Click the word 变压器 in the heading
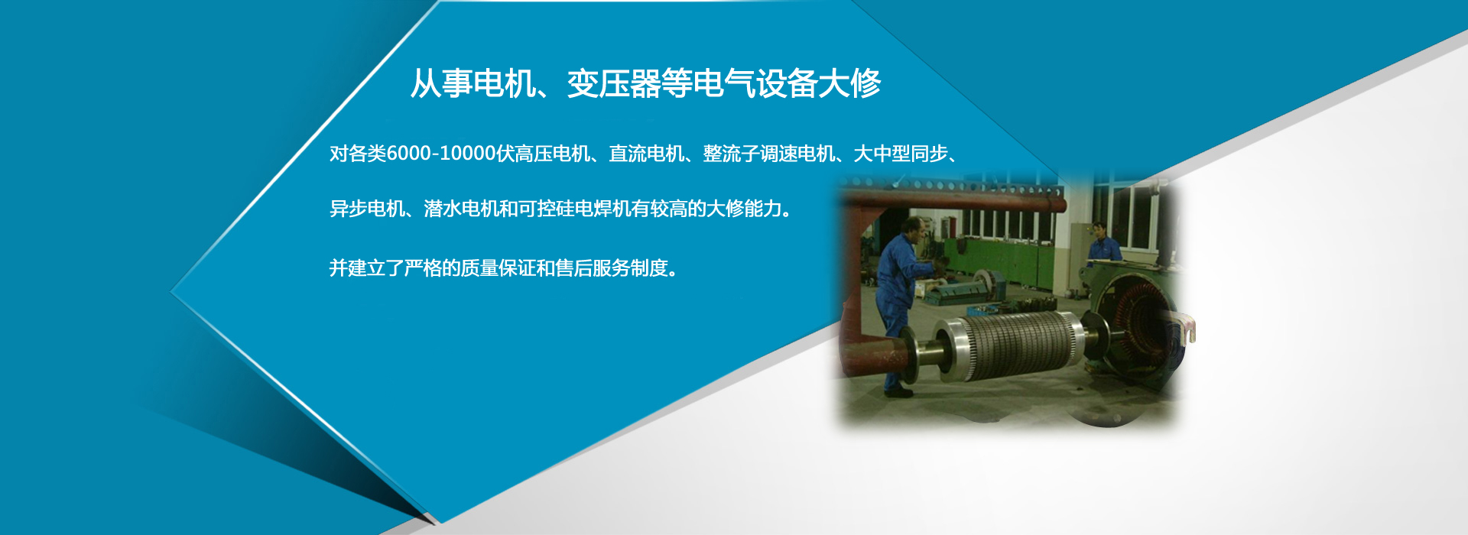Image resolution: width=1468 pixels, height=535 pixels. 614,83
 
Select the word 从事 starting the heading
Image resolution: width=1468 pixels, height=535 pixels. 441,83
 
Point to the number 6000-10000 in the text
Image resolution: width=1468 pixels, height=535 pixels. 441,154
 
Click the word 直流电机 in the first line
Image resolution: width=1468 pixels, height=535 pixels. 646,154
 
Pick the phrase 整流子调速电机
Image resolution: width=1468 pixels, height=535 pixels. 768,154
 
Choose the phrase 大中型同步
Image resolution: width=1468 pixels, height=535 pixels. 900,154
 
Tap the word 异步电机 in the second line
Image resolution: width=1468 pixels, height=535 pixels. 367,209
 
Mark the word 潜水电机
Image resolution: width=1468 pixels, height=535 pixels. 461,209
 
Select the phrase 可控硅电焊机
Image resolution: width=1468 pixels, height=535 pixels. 574,209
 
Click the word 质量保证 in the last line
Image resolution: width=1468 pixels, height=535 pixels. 499,268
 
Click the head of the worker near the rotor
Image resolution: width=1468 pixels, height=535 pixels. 912,227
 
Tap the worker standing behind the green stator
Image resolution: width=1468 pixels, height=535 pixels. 1102,242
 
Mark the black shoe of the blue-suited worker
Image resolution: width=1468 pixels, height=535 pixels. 898,392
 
